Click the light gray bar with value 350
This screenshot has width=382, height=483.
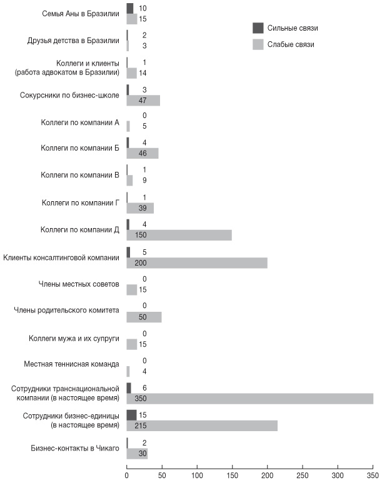[250, 399]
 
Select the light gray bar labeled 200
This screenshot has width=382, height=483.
[197, 262]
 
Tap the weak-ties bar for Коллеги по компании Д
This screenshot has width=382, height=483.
[179, 235]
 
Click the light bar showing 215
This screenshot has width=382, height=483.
[202, 426]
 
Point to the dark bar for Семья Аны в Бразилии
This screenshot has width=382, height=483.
[129, 8]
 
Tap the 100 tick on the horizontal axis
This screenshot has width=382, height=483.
[197, 473]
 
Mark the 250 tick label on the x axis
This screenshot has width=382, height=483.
[303, 473]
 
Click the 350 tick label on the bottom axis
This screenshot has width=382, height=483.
[373, 473]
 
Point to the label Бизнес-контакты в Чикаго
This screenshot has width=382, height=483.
[75, 447]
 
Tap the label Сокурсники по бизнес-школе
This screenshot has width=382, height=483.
[70, 95]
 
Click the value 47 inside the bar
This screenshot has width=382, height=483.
[144, 100]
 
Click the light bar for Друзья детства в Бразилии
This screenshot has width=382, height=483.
[128, 46]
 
